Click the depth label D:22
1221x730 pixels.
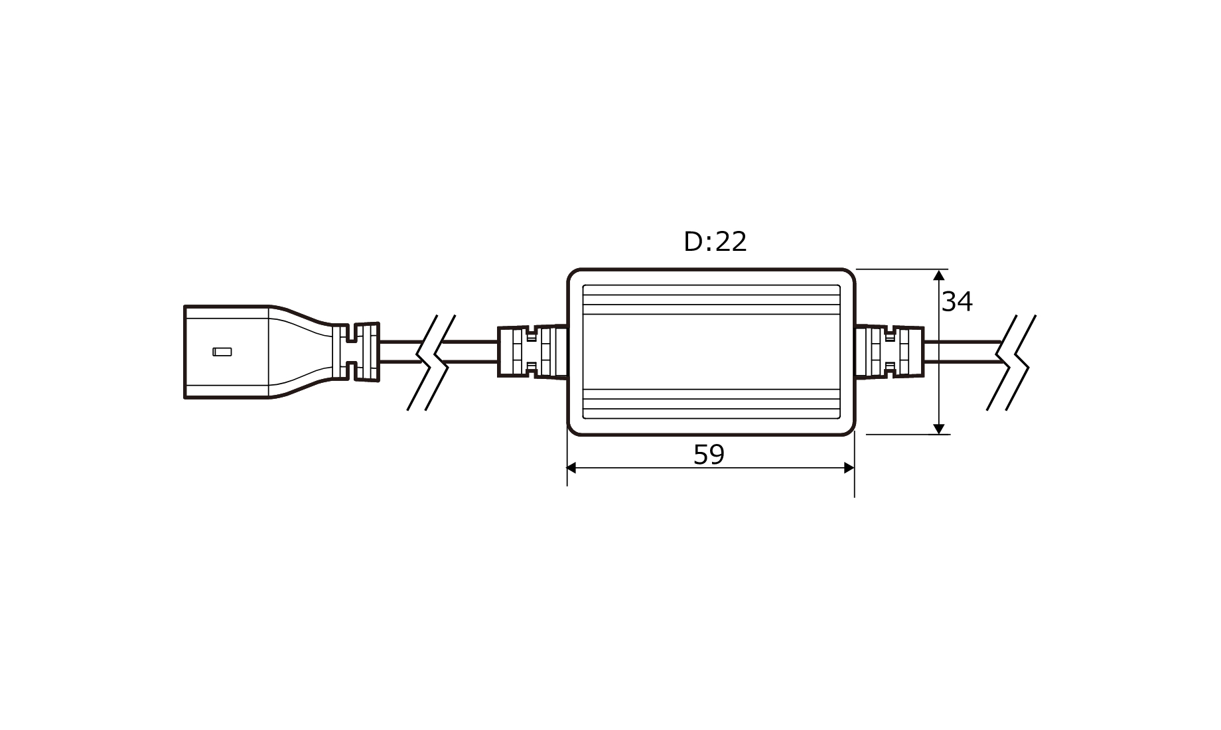[x=715, y=242]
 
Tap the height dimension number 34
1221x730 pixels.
[x=957, y=302]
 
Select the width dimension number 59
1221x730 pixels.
[x=709, y=455]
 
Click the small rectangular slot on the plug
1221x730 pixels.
[x=222, y=352]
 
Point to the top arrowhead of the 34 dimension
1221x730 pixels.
[x=939, y=275]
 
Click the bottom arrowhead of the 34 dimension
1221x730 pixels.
[x=939, y=428]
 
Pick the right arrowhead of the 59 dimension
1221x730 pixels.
[x=848, y=468]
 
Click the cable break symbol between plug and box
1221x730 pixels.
[x=431, y=362]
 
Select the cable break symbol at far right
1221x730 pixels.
[x=1011, y=362]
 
